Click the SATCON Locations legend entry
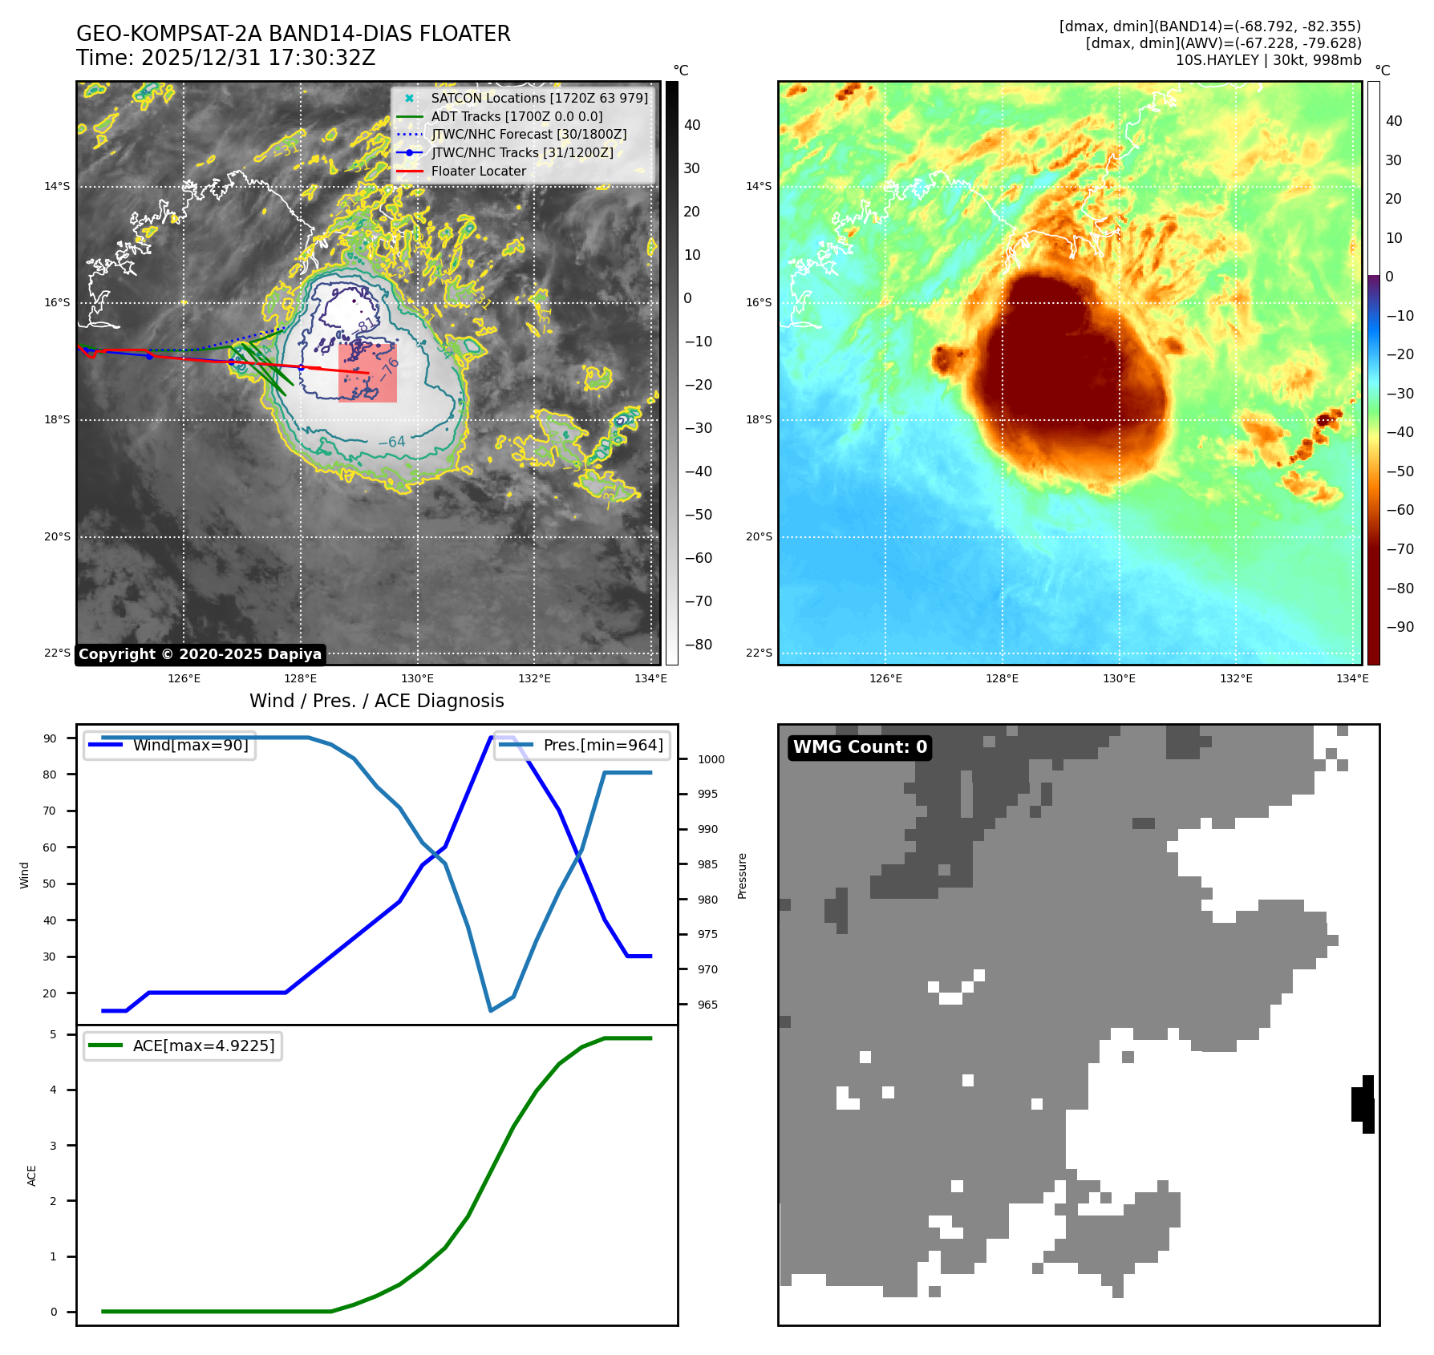tap(539, 98)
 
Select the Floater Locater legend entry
tap(478, 171)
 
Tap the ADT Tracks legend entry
tap(516, 116)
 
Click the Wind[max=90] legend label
tap(190, 745)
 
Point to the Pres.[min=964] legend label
tap(603, 745)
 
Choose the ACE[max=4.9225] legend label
tap(204, 1046)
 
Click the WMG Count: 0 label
tap(860, 747)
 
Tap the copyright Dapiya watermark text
tap(200, 654)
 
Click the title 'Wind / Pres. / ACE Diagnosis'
tap(377, 701)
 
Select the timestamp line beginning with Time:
tap(226, 58)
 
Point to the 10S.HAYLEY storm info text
tap(1268, 60)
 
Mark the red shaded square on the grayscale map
tap(367, 373)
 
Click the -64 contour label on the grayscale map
tap(391, 442)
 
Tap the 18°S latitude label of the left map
tap(57, 419)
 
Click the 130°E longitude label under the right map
tap(1119, 678)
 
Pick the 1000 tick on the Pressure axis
tap(711, 759)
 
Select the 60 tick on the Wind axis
tap(50, 847)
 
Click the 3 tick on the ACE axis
tap(54, 1146)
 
